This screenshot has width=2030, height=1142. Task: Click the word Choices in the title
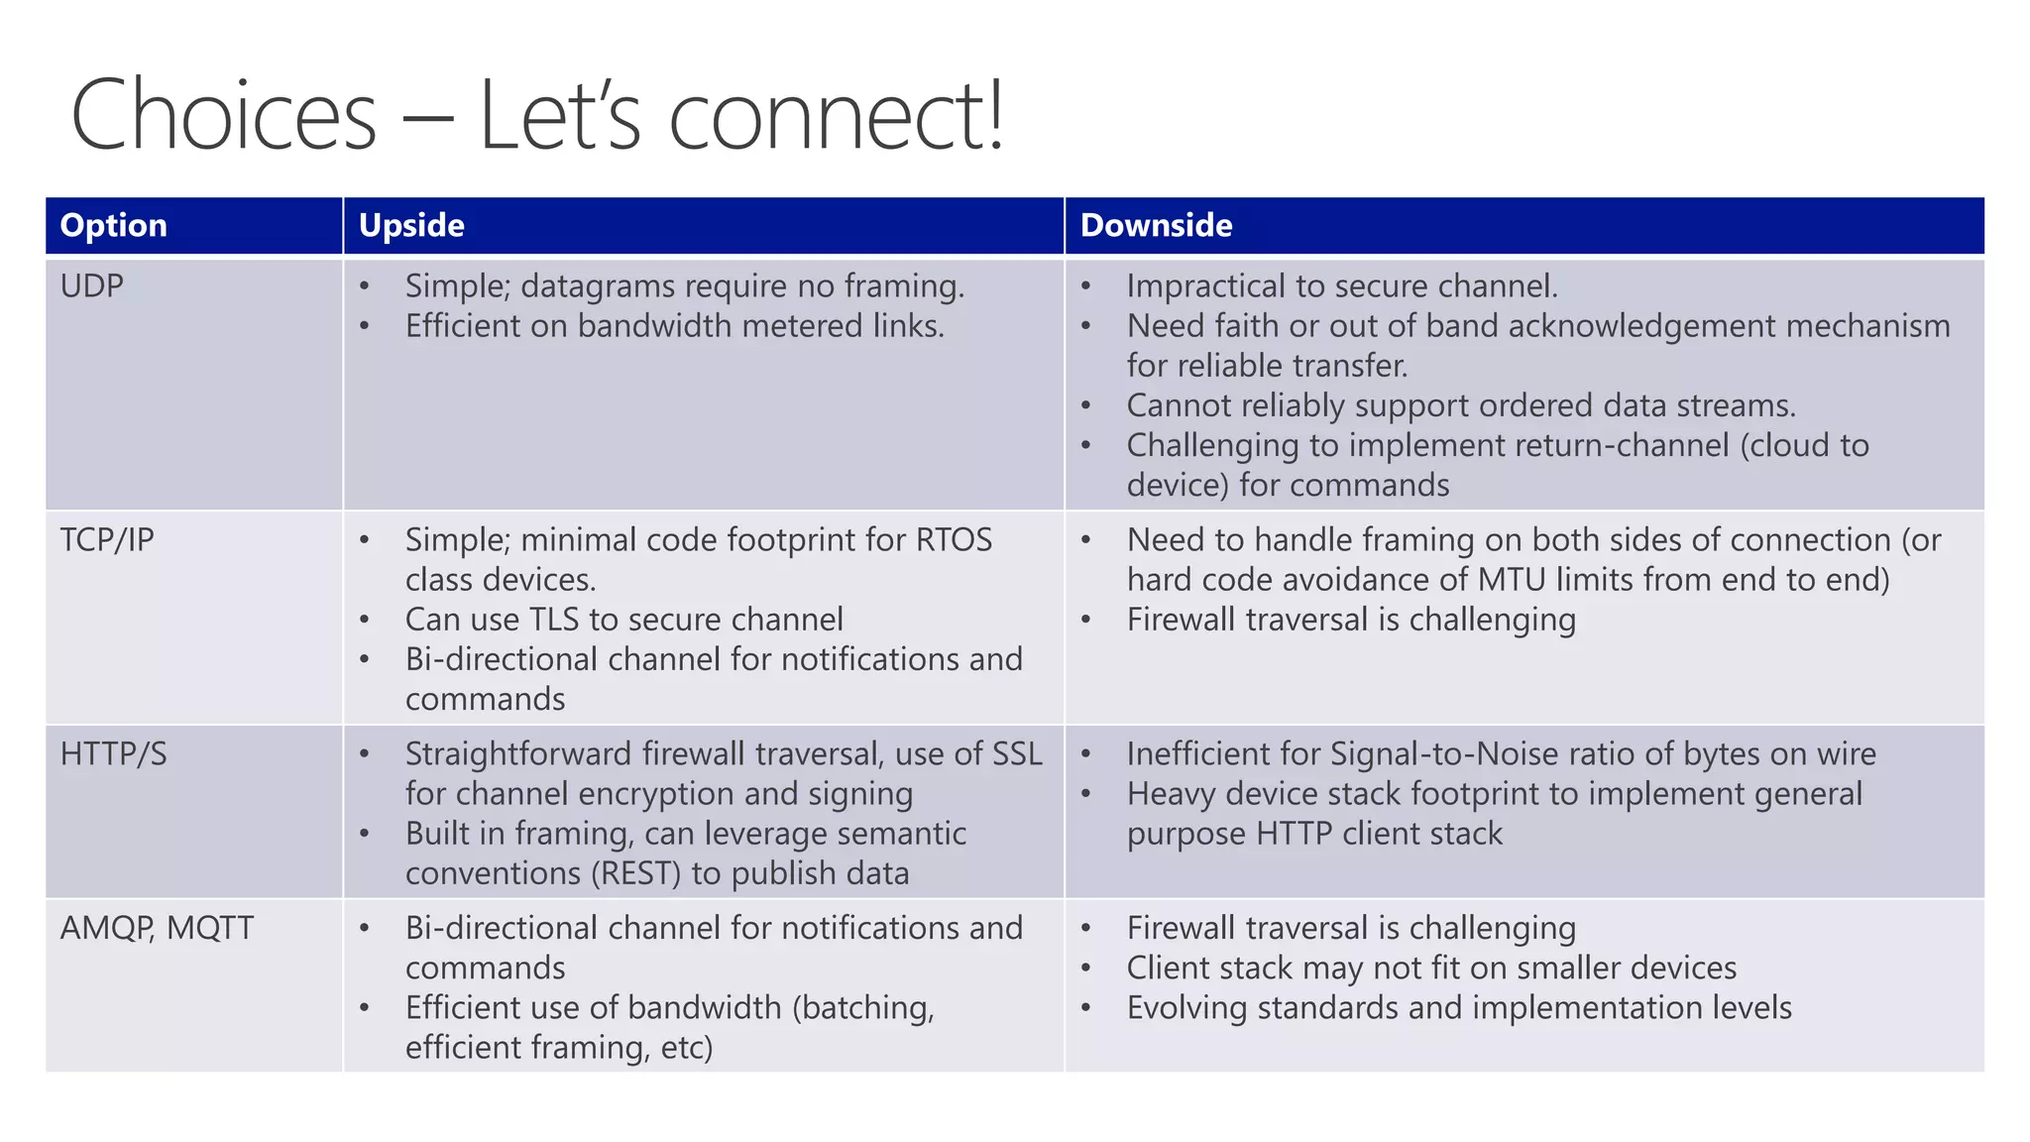click(224, 115)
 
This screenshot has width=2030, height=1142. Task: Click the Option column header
click(113, 225)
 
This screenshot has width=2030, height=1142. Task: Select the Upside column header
click(411, 225)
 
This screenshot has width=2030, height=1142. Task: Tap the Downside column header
click(1156, 225)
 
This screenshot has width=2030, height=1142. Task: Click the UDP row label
click(91, 285)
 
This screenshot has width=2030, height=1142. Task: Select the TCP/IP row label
click(107, 539)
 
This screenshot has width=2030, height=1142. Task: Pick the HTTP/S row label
click(113, 753)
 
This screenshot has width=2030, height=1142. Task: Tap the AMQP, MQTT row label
click(157, 928)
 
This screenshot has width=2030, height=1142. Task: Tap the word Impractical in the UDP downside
click(1205, 285)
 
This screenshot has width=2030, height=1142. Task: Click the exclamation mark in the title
click(995, 115)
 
